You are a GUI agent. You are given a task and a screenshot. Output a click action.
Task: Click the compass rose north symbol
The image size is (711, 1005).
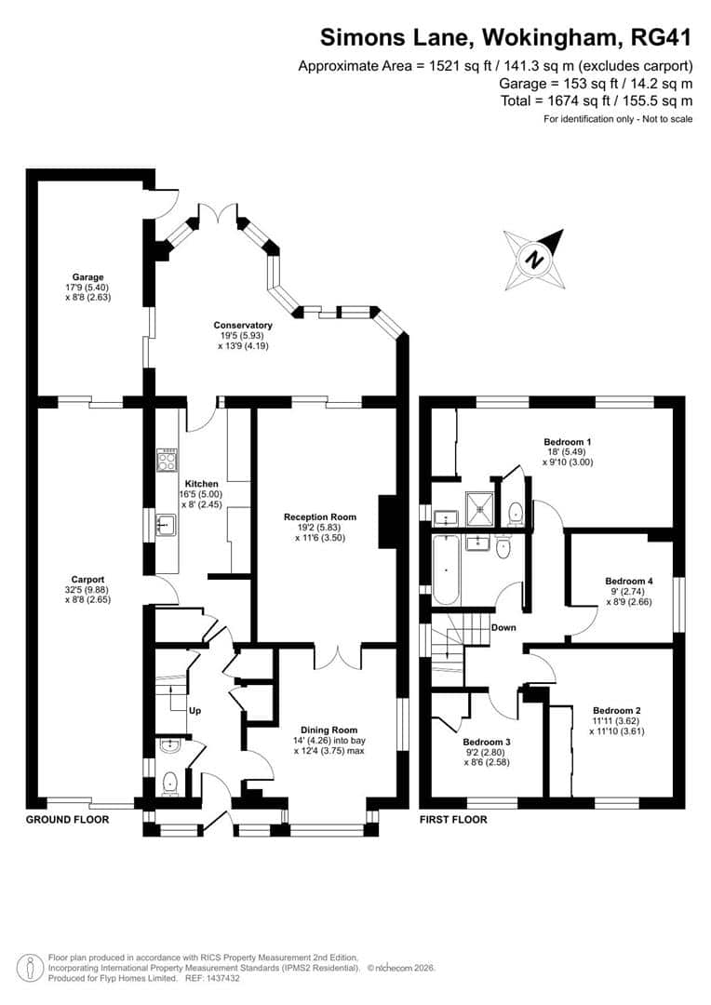point(534,260)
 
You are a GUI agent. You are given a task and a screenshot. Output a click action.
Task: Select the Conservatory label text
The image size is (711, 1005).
point(243,325)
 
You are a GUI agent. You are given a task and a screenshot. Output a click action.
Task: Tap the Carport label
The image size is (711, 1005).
point(88,580)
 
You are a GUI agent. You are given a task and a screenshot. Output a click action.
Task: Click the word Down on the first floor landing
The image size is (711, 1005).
point(503,627)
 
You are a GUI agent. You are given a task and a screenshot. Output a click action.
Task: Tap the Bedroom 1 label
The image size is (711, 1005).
point(568,441)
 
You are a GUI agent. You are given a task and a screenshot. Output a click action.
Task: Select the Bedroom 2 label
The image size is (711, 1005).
point(618,709)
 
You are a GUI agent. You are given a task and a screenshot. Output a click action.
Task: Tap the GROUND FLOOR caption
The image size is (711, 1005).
point(67,820)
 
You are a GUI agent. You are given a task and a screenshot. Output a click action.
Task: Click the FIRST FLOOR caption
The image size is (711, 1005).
point(453,820)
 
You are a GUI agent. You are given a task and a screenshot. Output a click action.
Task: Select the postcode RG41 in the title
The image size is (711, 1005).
point(661,38)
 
